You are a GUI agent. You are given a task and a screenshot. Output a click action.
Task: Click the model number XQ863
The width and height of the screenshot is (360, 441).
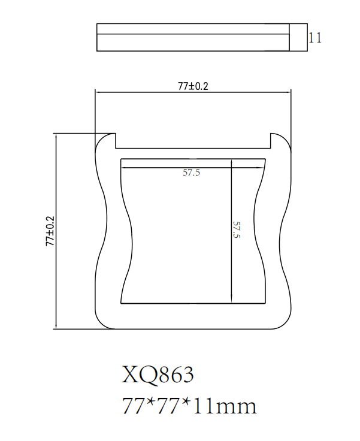coord(158,374)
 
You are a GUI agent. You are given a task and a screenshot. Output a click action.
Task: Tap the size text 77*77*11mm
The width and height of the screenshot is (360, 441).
coord(189,406)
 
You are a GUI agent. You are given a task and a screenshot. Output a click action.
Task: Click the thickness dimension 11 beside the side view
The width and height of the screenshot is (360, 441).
coord(315,38)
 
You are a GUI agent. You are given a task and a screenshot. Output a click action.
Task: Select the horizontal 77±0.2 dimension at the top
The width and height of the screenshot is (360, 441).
coord(193,86)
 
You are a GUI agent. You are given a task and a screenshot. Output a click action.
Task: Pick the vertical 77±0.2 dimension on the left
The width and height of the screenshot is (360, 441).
coord(50,231)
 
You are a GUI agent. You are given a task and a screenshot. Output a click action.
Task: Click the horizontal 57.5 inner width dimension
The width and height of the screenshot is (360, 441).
coord(191,173)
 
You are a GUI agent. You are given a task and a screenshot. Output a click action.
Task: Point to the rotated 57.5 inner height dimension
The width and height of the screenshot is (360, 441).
coord(237,229)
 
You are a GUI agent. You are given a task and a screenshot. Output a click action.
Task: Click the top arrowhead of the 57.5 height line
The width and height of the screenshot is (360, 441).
coord(231,162)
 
